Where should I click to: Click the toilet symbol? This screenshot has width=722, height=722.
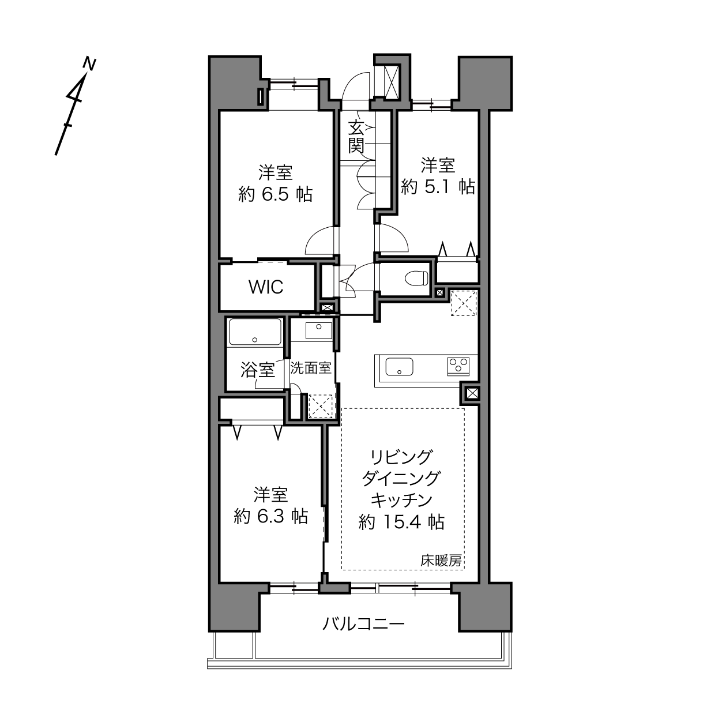416,277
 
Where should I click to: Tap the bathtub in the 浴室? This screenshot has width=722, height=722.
255,332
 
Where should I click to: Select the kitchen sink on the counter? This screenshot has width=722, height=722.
400,366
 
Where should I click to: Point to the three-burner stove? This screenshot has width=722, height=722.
458,366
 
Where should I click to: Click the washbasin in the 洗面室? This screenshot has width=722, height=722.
318,330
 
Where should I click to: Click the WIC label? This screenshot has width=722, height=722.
266,287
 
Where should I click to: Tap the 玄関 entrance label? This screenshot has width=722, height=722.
356,137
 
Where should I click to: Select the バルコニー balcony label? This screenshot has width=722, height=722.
363,625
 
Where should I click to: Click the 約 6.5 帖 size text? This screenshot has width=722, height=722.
276,194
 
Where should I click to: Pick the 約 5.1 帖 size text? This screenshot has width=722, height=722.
438,186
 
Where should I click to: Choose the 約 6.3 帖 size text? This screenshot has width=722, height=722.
270,517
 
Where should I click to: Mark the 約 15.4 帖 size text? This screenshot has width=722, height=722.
401,522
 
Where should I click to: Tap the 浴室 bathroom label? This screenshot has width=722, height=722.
257,370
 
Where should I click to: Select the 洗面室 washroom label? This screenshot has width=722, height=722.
311,368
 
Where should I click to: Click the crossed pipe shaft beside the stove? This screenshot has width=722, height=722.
472,393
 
